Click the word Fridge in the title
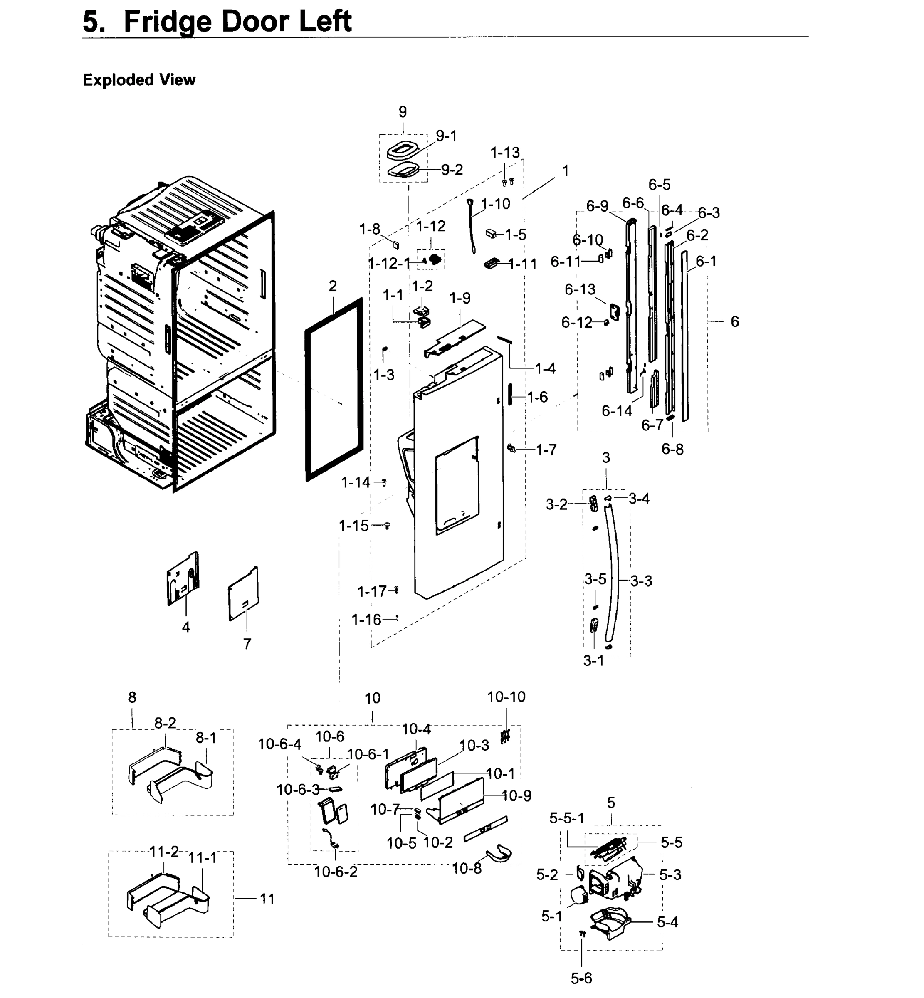click(x=168, y=22)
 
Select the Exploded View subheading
click(x=139, y=80)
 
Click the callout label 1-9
click(x=460, y=298)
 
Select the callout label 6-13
click(x=580, y=289)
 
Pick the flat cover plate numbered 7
click(x=244, y=594)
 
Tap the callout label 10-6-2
click(x=336, y=872)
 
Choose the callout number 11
click(x=267, y=899)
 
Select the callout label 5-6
click(x=581, y=978)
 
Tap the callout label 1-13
click(x=505, y=153)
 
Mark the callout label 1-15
click(x=353, y=526)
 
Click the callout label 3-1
click(x=593, y=660)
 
